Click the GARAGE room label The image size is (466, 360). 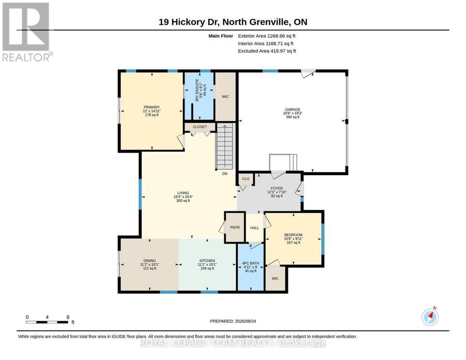(293, 109)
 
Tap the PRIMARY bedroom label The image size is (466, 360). (152, 107)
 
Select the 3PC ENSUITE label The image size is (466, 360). (197, 91)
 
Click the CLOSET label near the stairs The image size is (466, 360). (200, 127)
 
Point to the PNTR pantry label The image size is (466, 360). (235, 227)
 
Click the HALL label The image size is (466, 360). (255, 228)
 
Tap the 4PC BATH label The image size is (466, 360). (251, 263)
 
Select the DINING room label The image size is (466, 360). (150, 261)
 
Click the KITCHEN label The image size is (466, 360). (207, 261)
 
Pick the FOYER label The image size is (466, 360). (276, 188)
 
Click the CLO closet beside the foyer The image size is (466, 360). (246, 179)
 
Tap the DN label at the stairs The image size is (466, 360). (225, 174)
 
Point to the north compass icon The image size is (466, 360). (430, 317)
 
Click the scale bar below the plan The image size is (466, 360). (47, 322)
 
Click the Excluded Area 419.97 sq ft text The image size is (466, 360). (267, 51)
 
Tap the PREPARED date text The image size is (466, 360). (233, 321)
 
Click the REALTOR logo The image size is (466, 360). (27, 32)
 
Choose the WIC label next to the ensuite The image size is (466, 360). (226, 97)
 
